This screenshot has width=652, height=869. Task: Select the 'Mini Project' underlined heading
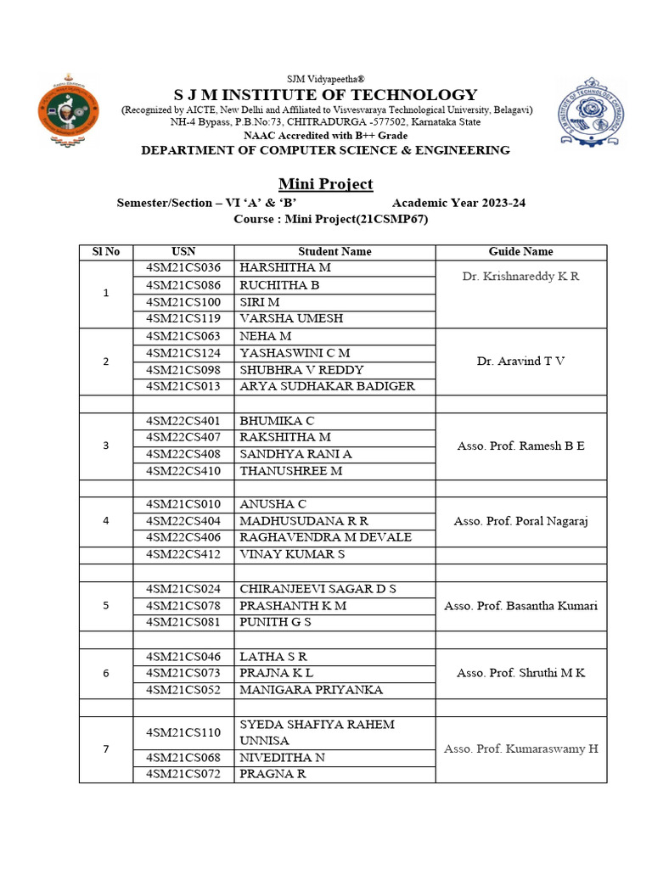pyautogui.click(x=326, y=184)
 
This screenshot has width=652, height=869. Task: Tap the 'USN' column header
pyautogui.click(x=183, y=252)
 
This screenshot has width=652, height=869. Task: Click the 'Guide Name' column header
pyautogui.click(x=520, y=252)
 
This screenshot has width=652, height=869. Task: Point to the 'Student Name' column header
pyautogui.click(x=334, y=252)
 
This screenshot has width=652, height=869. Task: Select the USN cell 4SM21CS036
pyautogui.click(x=183, y=268)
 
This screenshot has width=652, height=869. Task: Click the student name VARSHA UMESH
pyautogui.click(x=289, y=319)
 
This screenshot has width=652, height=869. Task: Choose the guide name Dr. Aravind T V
pyautogui.click(x=520, y=362)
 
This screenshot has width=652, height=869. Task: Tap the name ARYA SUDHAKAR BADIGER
pyautogui.click(x=327, y=386)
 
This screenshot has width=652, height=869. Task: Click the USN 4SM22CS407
pyautogui.click(x=183, y=437)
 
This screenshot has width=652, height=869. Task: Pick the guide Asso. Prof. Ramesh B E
pyautogui.click(x=520, y=446)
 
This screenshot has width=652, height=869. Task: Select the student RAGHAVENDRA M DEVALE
pyautogui.click(x=325, y=537)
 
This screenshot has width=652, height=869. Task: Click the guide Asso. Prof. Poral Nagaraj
pyautogui.click(x=520, y=521)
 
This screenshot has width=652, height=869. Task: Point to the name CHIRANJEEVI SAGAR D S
pyautogui.click(x=318, y=589)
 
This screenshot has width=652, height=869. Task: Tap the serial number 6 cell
pyautogui.click(x=106, y=673)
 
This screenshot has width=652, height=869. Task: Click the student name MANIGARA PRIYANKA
pyautogui.click(x=311, y=690)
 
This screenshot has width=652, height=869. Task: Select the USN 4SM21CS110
pyautogui.click(x=183, y=732)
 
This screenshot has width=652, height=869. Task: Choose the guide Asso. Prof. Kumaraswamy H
pyautogui.click(x=520, y=748)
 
